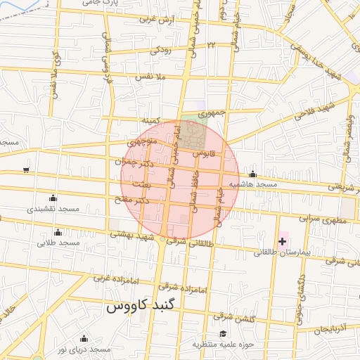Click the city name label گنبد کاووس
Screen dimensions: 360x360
pyautogui.click(x=143, y=308)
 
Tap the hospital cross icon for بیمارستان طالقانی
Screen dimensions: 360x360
pyautogui.click(x=282, y=242)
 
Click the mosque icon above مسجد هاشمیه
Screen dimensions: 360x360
pyautogui.click(x=253, y=174)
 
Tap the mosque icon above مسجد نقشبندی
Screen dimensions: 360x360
pyautogui.click(x=53, y=199)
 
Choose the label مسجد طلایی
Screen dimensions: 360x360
pyautogui.click(x=59, y=243)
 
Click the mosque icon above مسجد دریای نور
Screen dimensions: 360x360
pyautogui.click(x=84, y=339)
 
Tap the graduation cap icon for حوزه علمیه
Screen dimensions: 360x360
pyautogui.click(x=224, y=334)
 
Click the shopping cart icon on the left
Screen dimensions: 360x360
pyautogui.click(x=26, y=169)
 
